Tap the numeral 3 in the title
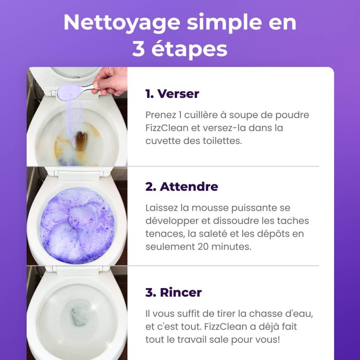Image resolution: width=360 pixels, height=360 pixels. click(x=139, y=49)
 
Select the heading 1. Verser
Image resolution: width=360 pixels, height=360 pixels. click(x=172, y=94)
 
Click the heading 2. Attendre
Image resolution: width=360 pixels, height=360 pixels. click(x=181, y=186)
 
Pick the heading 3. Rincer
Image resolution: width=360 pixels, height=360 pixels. click(x=174, y=292)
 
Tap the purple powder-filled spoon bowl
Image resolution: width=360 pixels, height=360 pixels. click(x=69, y=92)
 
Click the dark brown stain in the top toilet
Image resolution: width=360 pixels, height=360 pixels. click(x=81, y=141)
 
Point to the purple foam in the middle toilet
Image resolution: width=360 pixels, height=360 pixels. click(x=77, y=225)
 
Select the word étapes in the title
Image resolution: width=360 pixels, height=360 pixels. click(x=189, y=49)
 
